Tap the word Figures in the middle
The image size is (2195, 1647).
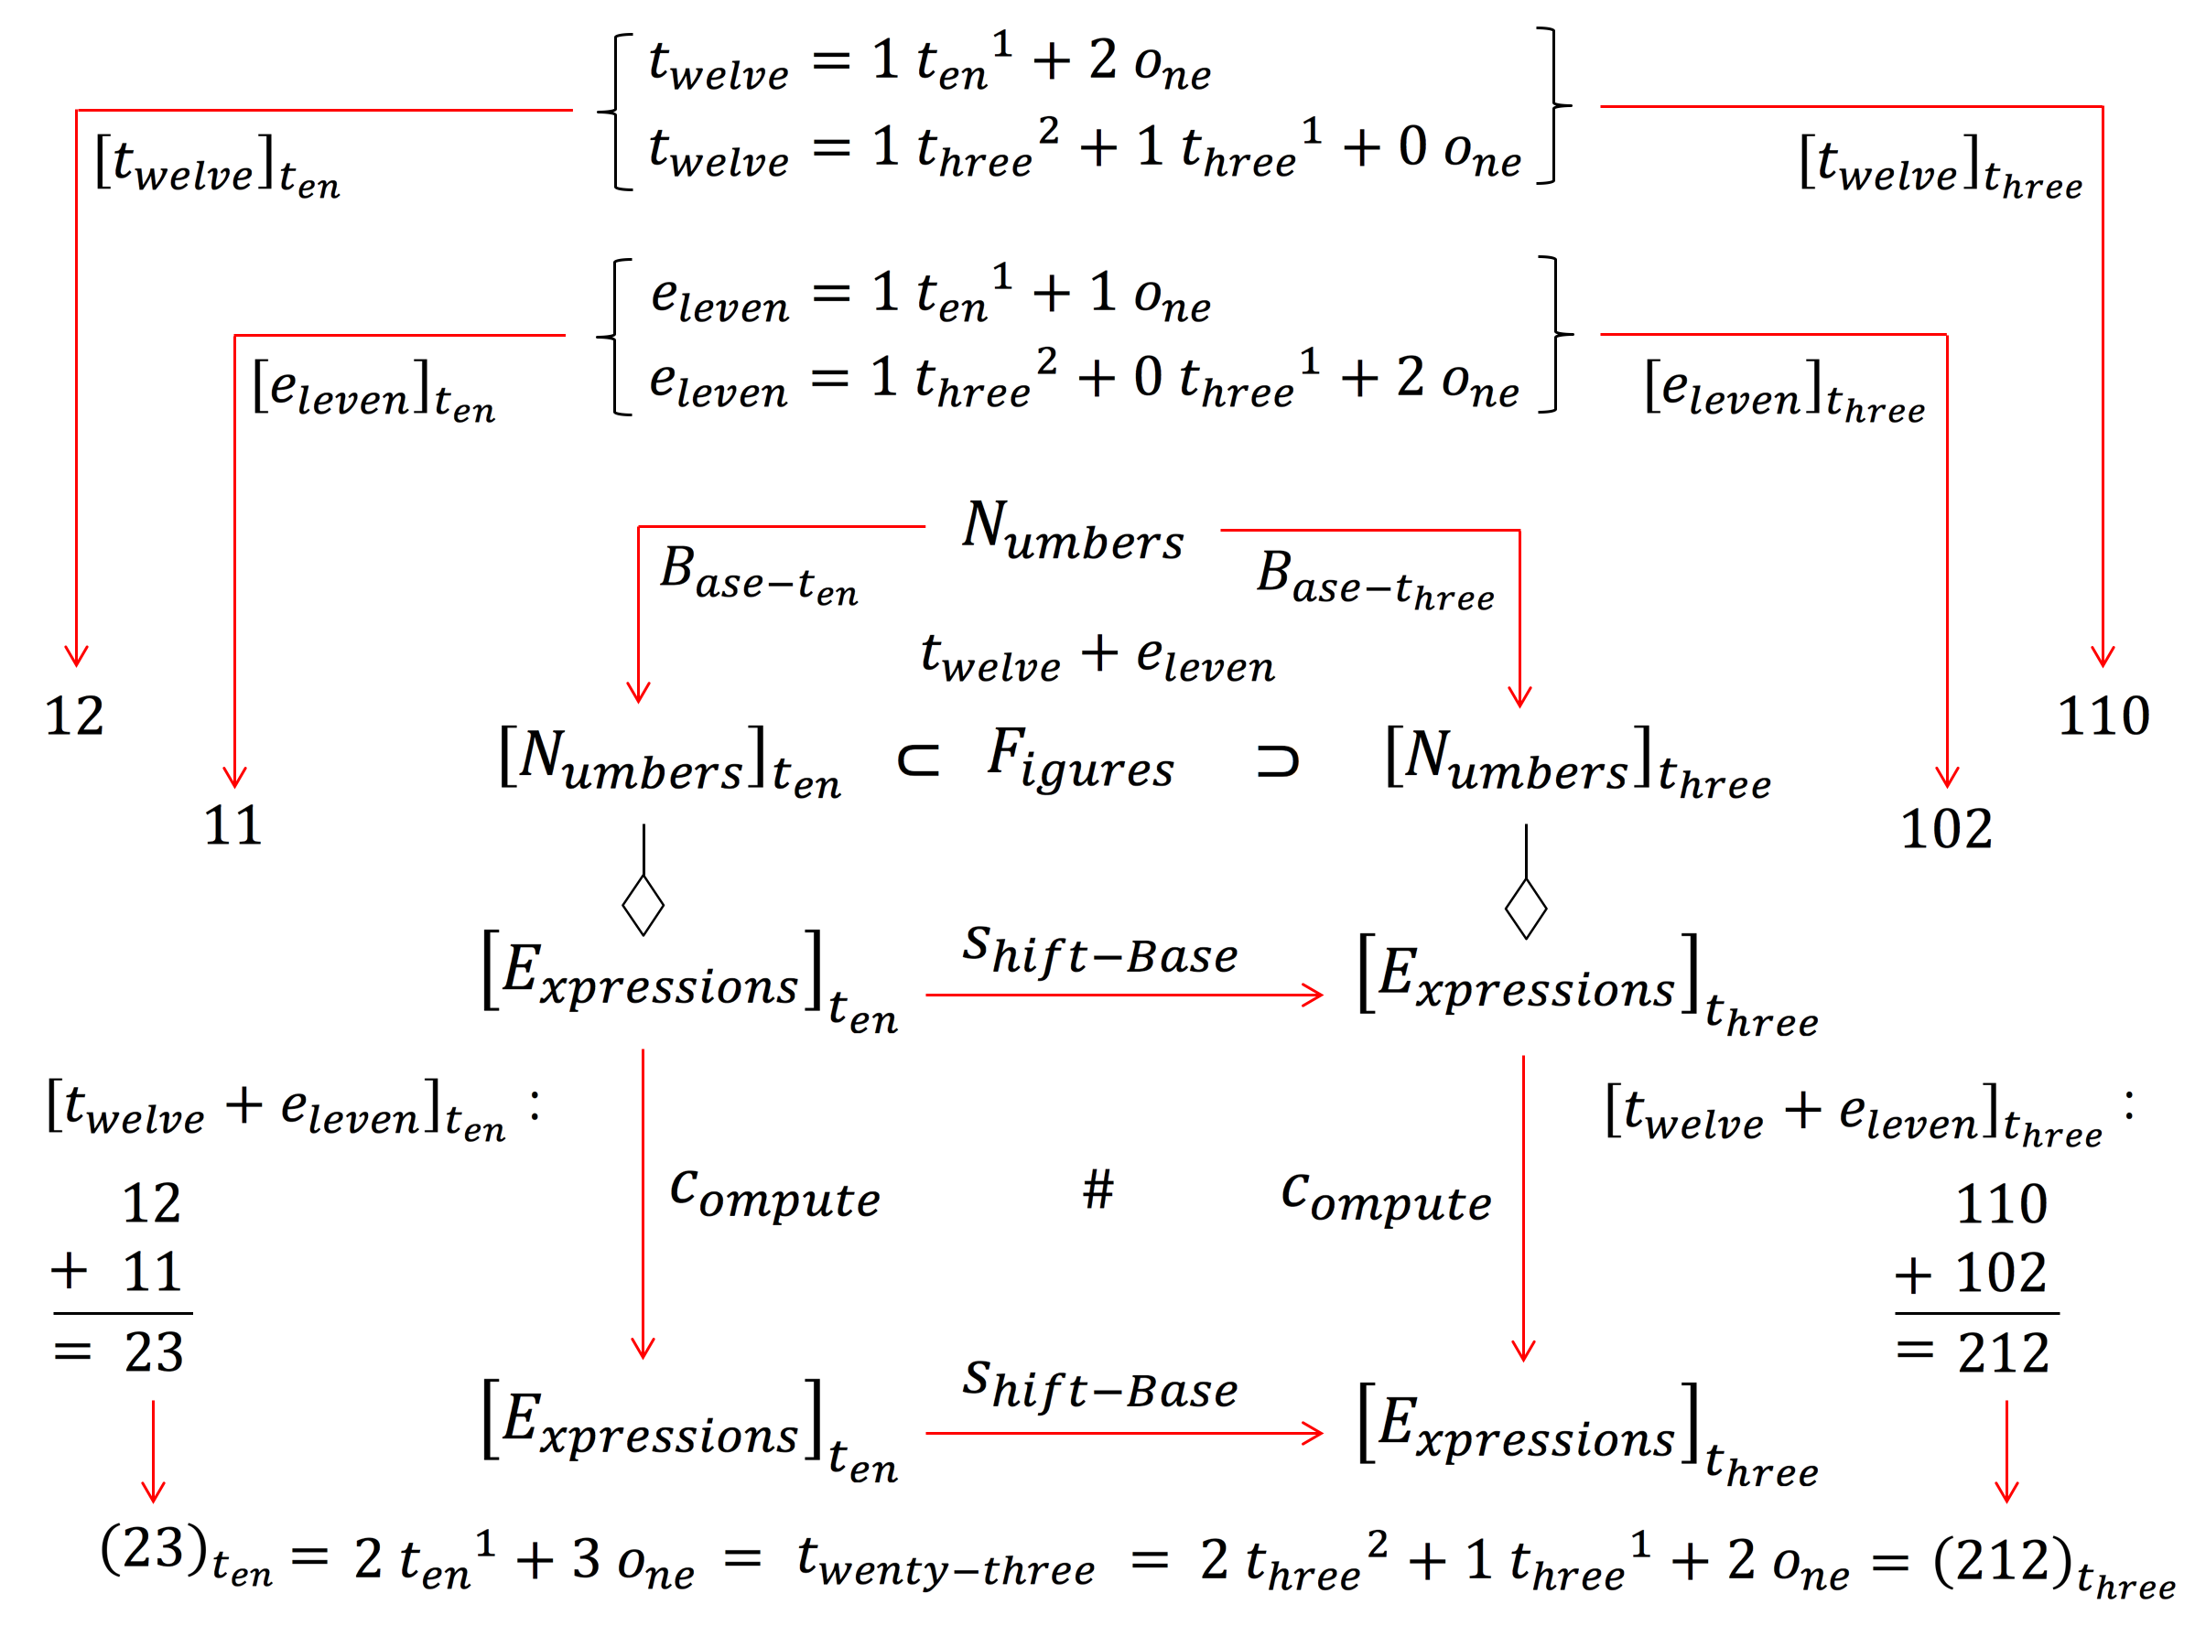[x=1081, y=759]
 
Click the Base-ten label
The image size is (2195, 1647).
[x=759, y=576]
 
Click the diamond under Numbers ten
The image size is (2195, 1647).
[x=643, y=905]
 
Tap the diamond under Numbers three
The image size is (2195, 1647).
[x=1525, y=908]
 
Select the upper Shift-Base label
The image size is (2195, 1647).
[x=1099, y=952]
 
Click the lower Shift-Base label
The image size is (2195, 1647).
[x=1099, y=1386]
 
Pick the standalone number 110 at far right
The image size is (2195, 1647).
[x=2103, y=716]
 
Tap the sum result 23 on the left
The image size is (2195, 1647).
[x=154, y=1352]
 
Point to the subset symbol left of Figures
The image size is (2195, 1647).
[x=918, y=761]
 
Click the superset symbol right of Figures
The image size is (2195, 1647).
[x=1277, y=761]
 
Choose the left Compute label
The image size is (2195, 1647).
[x=775, y=1195]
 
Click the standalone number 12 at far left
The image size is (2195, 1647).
[x=74, y=716]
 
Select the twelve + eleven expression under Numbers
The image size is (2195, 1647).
[x=1097, y=658]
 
